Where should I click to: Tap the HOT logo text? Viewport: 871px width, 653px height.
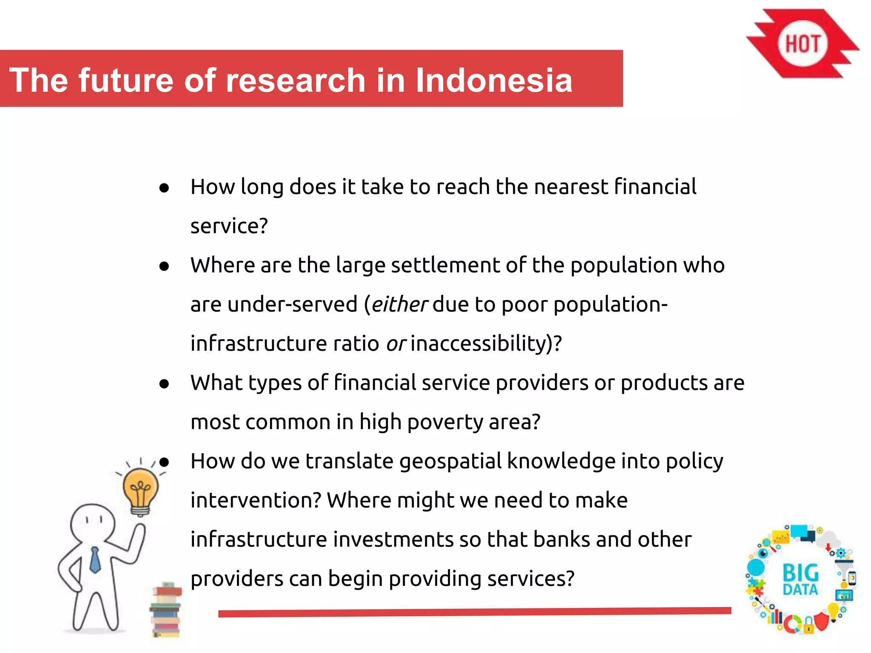802,44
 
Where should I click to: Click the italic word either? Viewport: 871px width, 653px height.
399,304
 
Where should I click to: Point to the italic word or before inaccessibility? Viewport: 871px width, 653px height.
396,344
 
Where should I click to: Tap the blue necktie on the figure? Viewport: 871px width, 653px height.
95,560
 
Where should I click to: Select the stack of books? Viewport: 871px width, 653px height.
166,610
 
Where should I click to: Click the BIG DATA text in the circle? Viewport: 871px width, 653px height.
800,579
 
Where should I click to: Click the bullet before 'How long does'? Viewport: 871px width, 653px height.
164,187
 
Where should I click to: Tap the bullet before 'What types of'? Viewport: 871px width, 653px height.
164,384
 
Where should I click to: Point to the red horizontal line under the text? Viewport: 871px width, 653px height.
474,612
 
